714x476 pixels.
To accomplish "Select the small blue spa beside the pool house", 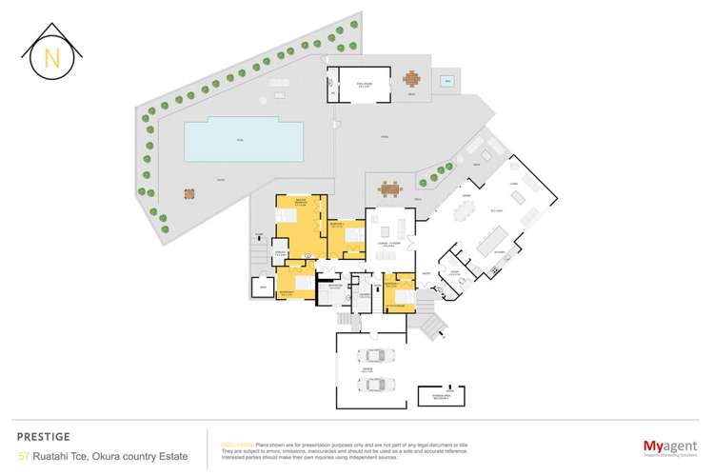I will (446, 82).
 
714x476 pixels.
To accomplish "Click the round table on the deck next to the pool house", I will (411, 79).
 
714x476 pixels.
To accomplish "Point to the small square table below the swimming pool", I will (188, 192).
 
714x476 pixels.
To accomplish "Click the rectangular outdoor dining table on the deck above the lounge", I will (388, 188).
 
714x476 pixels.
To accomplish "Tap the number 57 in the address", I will (24, 455).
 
